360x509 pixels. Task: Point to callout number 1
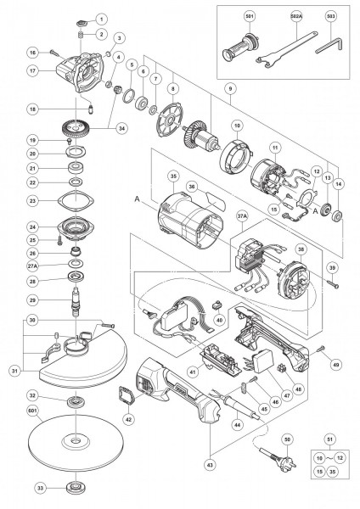(101, 18)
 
